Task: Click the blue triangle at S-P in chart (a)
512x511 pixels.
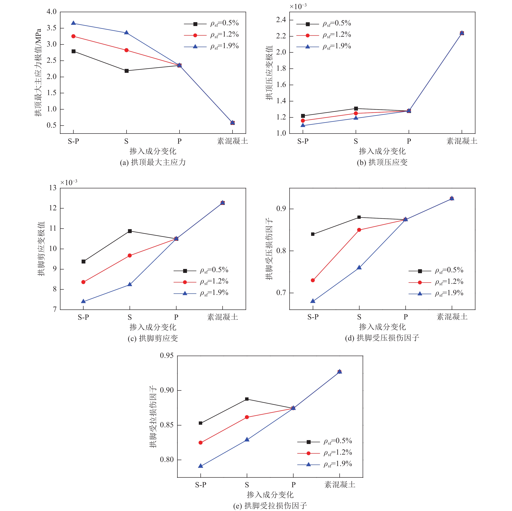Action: tap(73, 23)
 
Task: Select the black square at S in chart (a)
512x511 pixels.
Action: tap(126, 71)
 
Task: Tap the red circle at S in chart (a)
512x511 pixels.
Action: tap(126, 50)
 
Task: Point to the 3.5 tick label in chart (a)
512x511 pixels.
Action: tap(52, 28)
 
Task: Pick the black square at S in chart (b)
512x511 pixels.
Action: tap(356, 108)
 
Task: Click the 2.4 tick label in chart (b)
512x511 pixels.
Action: tap(281, 20)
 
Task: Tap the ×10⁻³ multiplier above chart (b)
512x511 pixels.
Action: tap(298, 6)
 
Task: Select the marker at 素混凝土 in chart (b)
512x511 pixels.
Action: tap(462, 33)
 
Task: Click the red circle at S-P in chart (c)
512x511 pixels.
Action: tap(84, 282)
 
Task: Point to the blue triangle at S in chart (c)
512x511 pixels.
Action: tap(130, 284)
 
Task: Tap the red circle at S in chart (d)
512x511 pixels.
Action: tap(359, 230)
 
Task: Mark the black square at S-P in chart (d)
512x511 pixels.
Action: tap(313, 234)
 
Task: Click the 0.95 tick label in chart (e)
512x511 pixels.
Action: tap(167, 355)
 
